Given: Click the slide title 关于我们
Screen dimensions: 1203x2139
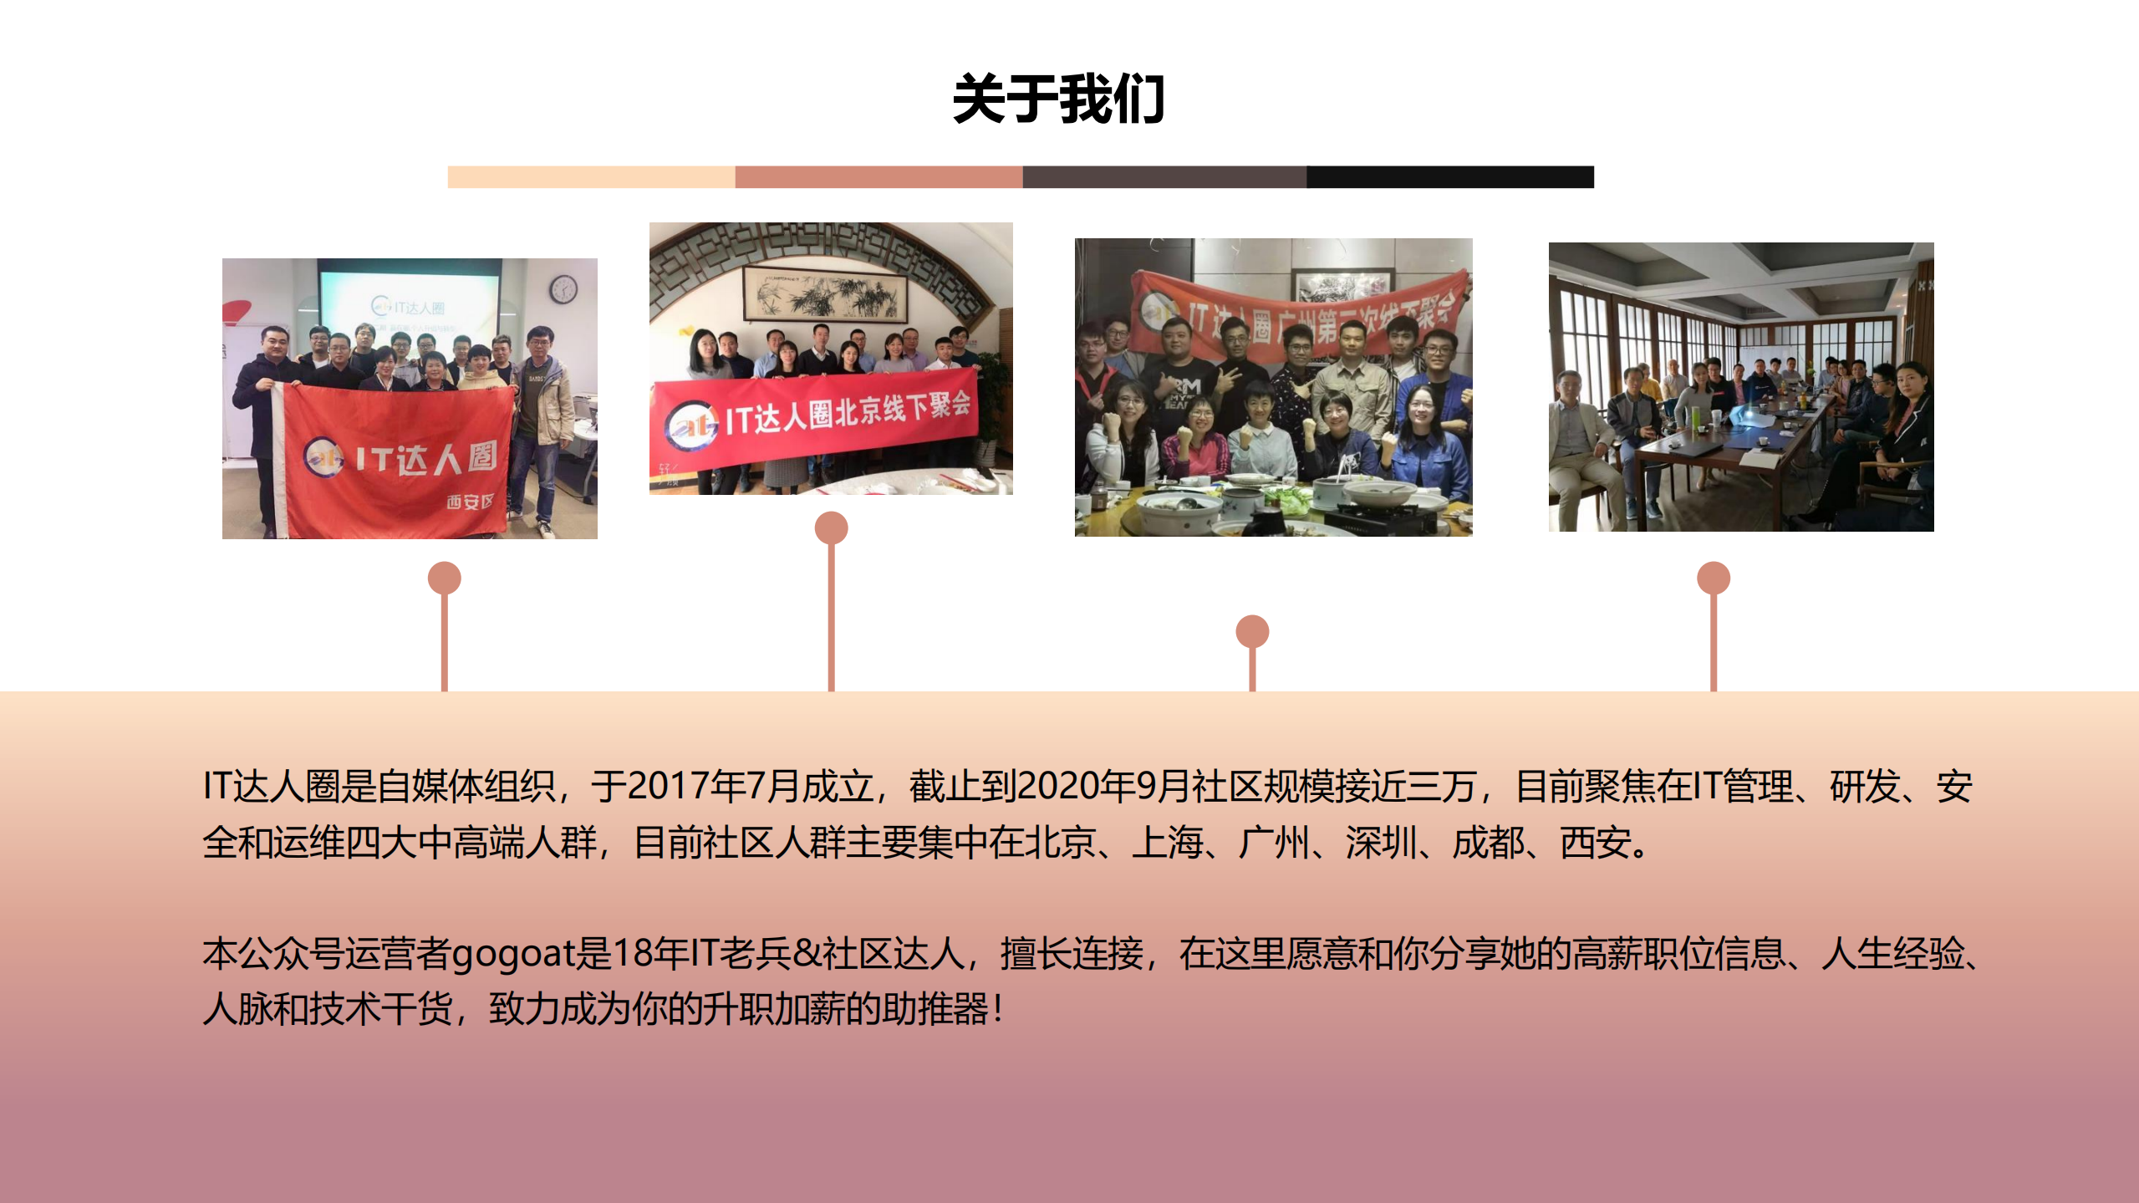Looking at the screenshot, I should (x=1058, y=99).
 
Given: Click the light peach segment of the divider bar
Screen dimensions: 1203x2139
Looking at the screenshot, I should (x=591, y=177).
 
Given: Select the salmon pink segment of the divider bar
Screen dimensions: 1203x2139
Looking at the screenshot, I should (x=879, y=177).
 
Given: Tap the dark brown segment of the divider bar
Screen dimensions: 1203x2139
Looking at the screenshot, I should (x=1164, y=177).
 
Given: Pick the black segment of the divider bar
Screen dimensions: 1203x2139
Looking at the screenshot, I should (x=1450, y=177).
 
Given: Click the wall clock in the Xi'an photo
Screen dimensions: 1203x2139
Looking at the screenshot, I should (x=563, y=289).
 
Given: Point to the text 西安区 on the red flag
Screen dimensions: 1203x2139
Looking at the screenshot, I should (x=470, y=502).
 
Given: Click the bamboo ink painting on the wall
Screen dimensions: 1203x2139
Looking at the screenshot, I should (x=823, y=295).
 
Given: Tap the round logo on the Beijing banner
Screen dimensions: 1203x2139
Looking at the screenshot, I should (x=691, y=425).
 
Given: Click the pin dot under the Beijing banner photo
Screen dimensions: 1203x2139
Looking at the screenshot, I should (x=831, y=528).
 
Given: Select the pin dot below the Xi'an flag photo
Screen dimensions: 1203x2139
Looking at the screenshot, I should (x=444, y=578).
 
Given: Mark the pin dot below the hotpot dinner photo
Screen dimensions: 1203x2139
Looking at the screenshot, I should (x=1252, y=631).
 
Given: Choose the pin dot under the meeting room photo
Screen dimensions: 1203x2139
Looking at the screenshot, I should (x=1713, y=578).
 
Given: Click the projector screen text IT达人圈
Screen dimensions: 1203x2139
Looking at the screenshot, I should (x=410, y=308).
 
